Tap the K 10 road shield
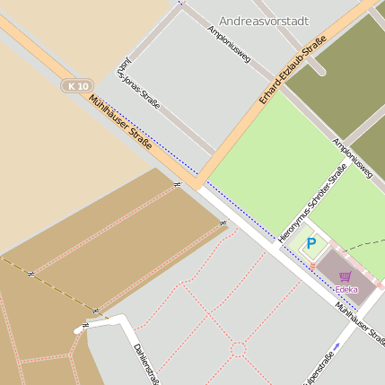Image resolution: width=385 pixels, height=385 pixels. tap(78, 86)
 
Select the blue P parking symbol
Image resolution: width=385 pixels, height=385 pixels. tap(311, 243)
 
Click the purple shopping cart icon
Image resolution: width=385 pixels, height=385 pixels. tap(345, 277)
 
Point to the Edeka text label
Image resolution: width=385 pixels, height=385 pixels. tap(346, 289)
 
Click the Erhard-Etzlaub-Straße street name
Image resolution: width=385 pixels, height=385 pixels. tap(291, 70)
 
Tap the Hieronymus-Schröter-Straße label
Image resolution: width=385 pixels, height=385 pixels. tap(313, 201)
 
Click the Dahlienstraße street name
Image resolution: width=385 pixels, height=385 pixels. tap(145, 363)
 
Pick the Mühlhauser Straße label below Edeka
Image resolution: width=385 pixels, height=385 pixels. tap(359, 324)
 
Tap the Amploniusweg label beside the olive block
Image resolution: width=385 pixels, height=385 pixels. tap(352, 159)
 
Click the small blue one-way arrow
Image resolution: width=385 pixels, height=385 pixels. tap(337, 346)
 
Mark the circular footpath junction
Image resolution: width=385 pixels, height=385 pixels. tap(238, 347)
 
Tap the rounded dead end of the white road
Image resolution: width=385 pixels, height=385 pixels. tap(79, 330)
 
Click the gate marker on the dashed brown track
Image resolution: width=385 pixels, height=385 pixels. tap(31, 273)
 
